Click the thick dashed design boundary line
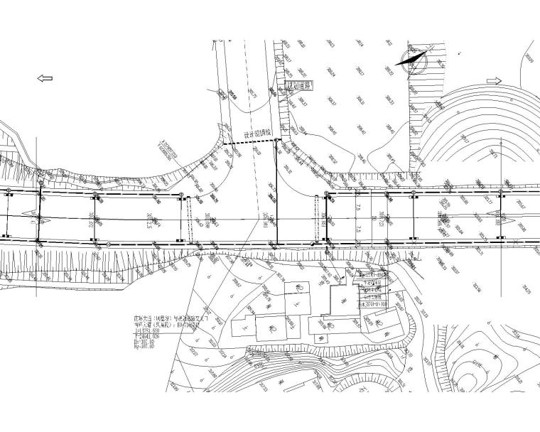(249, 143)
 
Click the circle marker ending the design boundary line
(277, 141)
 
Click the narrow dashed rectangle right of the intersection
(316, 218)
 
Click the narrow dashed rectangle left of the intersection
(188, 218)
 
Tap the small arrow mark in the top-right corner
(463, 53)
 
